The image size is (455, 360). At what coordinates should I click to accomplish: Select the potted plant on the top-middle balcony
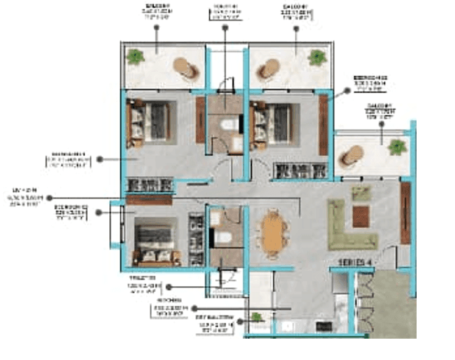(317, 58)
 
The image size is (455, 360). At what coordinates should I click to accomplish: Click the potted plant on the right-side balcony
(397, 147)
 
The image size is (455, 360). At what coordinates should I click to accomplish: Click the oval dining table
(273, 231)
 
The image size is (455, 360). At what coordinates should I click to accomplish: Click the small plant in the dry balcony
(257, 317)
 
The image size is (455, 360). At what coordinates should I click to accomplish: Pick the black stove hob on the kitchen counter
(321, 325)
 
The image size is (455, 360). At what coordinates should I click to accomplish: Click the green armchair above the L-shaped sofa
(361, 193)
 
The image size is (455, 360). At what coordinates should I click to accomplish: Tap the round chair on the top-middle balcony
(267, 70)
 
